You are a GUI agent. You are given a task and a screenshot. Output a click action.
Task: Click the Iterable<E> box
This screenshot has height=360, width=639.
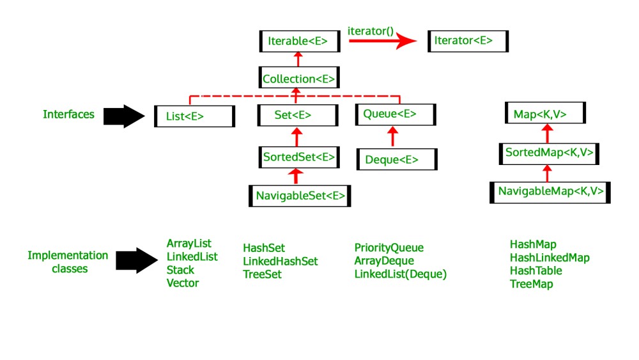[x=298, y=41]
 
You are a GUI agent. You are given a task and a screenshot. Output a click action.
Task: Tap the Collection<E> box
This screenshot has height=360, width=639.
[x=298, y=79]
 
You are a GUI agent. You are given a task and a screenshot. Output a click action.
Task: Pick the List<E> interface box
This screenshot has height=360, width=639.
[x=194, y=116]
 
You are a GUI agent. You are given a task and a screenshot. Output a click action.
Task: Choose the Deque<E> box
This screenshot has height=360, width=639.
[x=397, y=159]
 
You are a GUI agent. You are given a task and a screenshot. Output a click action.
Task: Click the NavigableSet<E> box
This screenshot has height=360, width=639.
[x=300, y=196]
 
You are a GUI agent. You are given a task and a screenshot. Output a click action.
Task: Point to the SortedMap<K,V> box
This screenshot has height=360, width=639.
[x=550, y=153]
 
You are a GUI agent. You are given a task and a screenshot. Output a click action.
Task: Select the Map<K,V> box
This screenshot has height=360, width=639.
[x=544, y=114]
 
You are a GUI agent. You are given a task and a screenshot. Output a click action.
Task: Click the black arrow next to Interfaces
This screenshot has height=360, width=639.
[x=124, y=116]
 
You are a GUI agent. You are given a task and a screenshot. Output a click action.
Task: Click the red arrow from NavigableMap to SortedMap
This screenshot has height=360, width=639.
[x=546, y=173]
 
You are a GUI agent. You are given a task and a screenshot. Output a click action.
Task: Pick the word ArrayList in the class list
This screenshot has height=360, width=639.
[x=189, y=244]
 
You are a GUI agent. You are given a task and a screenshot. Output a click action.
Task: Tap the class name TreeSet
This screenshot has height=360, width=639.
[x=262, y=274]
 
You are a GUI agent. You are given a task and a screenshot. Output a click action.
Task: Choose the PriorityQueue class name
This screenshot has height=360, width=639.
[x=389, y=247]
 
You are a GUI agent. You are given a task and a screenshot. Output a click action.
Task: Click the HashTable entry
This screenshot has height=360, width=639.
[x=535, y=270]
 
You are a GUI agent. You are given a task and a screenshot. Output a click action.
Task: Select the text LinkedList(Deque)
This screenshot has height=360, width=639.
[x=400, y=274]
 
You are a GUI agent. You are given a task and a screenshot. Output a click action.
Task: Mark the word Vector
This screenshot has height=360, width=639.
[x=183, y=283]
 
